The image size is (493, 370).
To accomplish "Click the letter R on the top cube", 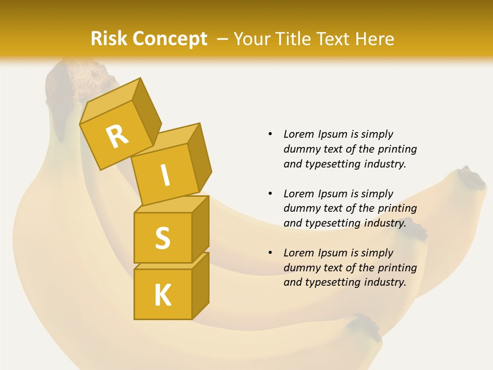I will pos(118,136).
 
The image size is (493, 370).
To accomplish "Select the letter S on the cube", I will pos(162,238).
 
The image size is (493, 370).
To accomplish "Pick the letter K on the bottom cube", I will pos(163,295).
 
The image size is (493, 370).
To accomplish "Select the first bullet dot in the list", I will pos(271,134).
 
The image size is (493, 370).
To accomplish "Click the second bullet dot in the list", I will pos(271,194).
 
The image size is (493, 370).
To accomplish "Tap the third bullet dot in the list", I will pos(271,253).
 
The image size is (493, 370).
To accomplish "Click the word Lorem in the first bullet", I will pos(299,134).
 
